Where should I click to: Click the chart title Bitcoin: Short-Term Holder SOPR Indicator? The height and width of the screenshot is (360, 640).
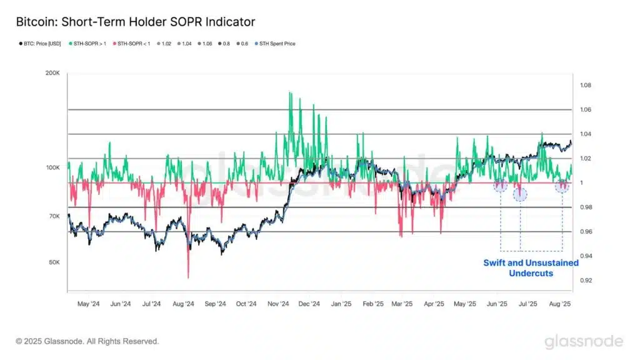point(136,22)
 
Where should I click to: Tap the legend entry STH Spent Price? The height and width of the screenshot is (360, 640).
point(276,44)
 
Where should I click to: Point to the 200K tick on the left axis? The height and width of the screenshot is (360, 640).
point(52,74)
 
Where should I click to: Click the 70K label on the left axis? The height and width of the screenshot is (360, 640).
point(54,216)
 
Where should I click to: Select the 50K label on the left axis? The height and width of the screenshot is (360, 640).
point(54,262)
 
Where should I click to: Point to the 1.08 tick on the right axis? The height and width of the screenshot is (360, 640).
point(584,86)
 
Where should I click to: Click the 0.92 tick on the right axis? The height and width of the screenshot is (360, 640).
point(584,281)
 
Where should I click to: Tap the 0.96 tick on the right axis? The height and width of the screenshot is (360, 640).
point(584,232)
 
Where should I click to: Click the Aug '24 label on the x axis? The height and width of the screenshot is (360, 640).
point(183,304)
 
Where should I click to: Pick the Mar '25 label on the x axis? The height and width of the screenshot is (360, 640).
point(402,304)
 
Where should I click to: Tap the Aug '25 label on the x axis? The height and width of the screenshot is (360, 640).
point(559,304)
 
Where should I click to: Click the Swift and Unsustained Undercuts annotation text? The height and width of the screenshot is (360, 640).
point(531,268)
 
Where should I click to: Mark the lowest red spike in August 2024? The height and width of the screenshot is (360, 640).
point(188,277)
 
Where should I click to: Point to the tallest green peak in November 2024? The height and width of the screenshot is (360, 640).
point(289,92)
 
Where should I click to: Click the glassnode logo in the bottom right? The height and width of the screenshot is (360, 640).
point(583,341)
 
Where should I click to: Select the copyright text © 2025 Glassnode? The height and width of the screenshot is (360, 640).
point(87,341)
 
